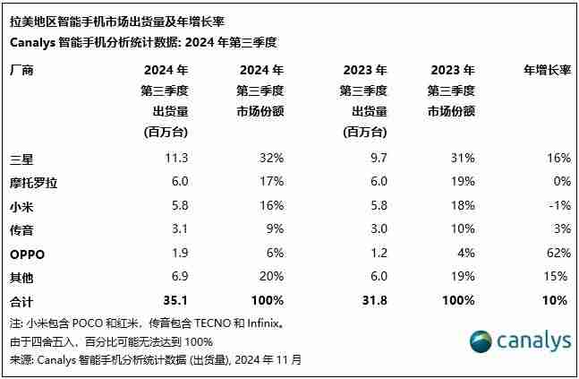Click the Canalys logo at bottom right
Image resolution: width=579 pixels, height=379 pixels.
click(x=520, y=341)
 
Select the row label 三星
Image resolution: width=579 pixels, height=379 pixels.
click(x=21, y=159)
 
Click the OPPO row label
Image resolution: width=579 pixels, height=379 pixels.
click(x=27, y=253)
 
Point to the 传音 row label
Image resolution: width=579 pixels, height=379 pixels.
click(x=21, y=229)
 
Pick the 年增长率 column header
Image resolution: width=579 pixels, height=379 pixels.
click(x=547, y=69)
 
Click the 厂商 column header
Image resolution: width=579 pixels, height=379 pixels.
click(x=21, y=69)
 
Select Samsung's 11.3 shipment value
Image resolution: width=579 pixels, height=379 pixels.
click(x=177, y=159)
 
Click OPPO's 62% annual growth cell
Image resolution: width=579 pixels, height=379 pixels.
click(x=557, y=253)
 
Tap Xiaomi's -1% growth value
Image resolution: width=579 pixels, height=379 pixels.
click(x=558, y=206)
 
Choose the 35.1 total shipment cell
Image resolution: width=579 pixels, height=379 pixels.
click(x=176, y=300)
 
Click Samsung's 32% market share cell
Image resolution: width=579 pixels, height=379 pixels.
click(x=271, y=159)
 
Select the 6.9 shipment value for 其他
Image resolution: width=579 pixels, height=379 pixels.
click(x=179, y=277)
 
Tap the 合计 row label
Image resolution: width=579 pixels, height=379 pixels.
click(x=21, y=300)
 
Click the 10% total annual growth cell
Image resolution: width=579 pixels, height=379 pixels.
click(x=557, y=300)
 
